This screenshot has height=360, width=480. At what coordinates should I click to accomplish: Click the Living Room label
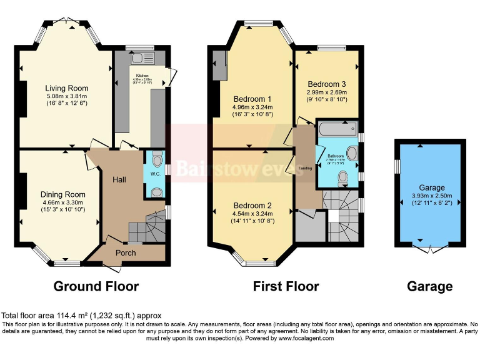66,88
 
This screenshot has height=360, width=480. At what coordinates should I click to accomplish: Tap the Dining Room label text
63,194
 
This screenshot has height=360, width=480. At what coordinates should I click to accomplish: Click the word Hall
119,180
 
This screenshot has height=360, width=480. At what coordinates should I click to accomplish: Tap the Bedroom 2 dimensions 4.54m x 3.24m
252,213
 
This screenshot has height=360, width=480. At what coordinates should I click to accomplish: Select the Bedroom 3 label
326,84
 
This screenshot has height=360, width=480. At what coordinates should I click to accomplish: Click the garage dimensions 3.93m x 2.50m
431,196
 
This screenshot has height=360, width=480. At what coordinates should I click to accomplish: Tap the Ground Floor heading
96,287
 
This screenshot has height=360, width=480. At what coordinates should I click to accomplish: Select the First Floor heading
286,287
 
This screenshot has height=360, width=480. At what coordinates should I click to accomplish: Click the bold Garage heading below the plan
429,287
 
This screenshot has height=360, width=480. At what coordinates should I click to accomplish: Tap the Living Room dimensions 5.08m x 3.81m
66,96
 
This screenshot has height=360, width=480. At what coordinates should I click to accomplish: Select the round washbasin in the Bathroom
351,153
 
